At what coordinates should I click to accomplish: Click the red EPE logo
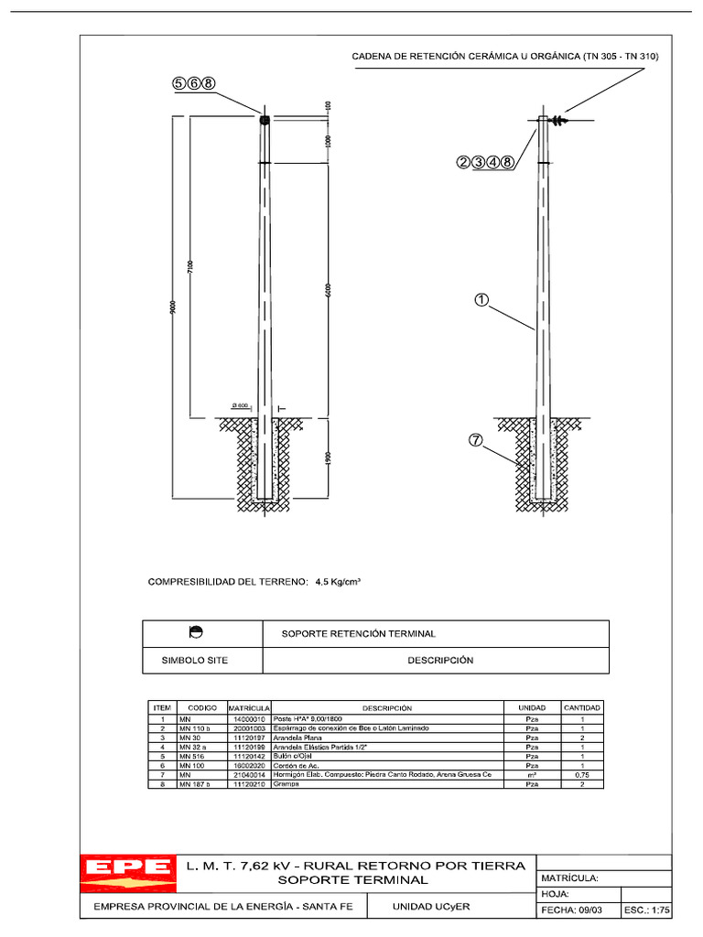[128, 872]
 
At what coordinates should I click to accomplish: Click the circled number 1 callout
[481, 299]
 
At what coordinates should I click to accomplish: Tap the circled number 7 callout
[475, 440]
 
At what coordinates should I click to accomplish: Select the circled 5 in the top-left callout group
[179, 83]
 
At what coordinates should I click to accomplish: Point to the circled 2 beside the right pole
[464, 162]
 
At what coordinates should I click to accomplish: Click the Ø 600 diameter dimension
[241, 405]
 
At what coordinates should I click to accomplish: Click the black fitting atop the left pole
[265, 120]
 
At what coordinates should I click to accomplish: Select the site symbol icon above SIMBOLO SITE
[195, 632]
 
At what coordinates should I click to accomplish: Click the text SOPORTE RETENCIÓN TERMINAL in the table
[357, 633]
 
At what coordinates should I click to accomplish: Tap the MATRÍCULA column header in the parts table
[246, 708]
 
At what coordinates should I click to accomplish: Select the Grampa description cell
[286, 784]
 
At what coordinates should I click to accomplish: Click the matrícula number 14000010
[249, 720]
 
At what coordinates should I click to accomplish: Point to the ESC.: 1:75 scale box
[647, 910]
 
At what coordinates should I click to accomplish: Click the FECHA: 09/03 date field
[571, 910]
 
